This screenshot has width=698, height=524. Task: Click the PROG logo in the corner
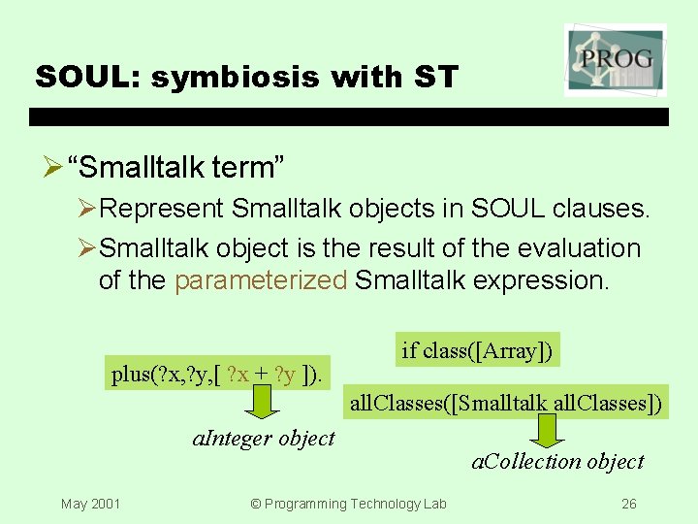pos(615,59)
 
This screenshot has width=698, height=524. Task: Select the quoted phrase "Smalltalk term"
pos(176,168)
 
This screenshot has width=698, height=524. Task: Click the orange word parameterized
pos(261,280)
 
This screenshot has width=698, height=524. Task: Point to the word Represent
pos(162,209)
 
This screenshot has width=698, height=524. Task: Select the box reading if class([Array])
pos(478,350)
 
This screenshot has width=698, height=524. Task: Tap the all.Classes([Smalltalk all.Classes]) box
pos(506,402)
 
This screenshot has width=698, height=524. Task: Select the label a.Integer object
pos(264,438)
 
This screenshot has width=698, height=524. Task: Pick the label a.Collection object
pos(557,461)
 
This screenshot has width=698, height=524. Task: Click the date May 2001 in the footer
pos(90,504)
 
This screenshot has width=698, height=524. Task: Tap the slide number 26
pos(628,504)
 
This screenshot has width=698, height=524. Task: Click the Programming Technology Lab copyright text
pos(348,504)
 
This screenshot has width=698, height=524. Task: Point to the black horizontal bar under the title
pos(349,116)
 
